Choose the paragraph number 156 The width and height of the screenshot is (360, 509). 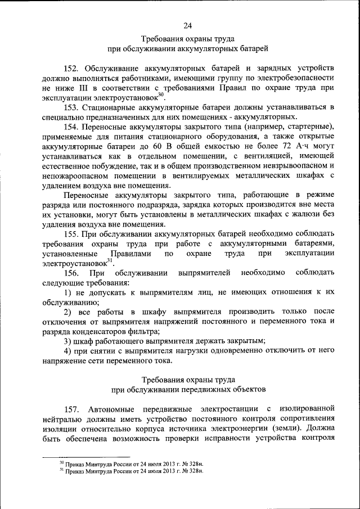(73, 273)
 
